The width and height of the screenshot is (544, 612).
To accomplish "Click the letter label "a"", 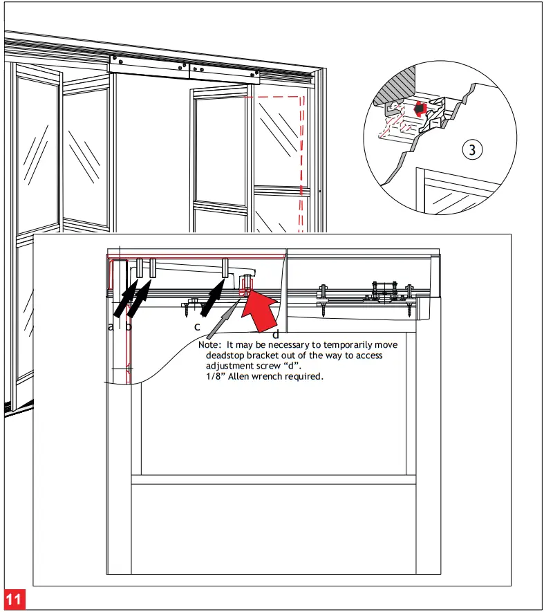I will point(111,326).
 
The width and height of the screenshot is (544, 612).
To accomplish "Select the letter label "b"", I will point(129,326).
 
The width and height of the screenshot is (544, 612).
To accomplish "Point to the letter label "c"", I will point(197,326).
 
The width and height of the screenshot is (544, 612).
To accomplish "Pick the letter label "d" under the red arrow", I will point(276,335).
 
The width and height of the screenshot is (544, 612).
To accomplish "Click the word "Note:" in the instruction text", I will point(211,344).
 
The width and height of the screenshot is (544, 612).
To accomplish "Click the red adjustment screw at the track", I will point(247,285).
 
